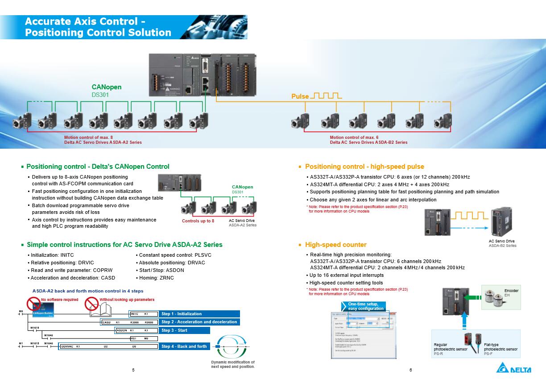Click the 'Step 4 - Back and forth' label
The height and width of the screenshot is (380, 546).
click(184, 347)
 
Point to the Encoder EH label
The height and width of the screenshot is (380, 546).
click(511, 293)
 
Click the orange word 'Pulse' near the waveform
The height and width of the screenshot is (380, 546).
click(300, 96)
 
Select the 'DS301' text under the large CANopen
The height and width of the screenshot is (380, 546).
click(100, 95)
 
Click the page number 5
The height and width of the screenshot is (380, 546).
click(133, 370)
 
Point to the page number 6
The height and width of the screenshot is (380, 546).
click(410, 370)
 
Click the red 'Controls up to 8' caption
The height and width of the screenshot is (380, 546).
click(198, 221)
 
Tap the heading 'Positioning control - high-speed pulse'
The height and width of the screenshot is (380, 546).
click(364, 167)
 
